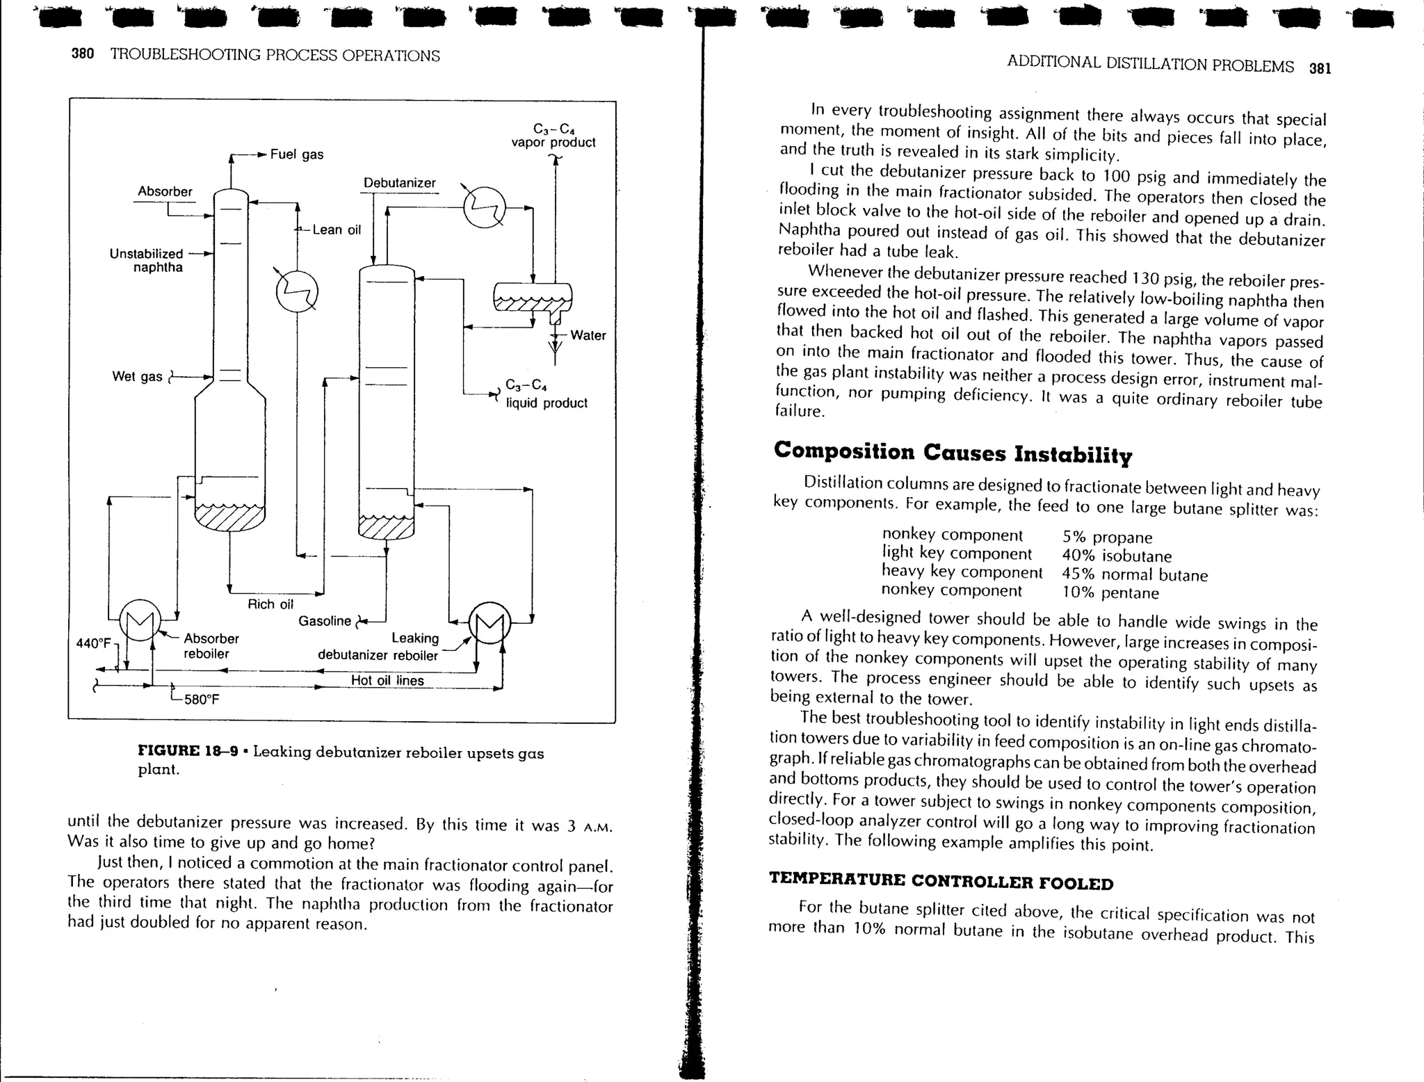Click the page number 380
(83, 54)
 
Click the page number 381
(1320, 68)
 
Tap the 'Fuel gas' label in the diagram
(297, 154)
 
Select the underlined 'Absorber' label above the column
(165, 191)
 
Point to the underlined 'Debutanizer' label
(399, 183)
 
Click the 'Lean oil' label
(337, 229)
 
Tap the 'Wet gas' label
(137, 376)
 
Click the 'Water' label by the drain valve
(588, 335)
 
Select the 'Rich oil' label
(270, 604)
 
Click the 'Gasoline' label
(325, 621)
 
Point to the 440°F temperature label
(93, 643)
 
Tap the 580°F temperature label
(201, 700)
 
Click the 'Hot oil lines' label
(387, 681)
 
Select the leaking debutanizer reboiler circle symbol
(490, 622)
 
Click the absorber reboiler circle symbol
(140, 620)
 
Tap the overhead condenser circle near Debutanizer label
(485, 207)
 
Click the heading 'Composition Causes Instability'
(953, 453)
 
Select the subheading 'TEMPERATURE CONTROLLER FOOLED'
(941, 881)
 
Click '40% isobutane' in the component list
(1117, 556)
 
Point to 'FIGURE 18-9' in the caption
(188, 752)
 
